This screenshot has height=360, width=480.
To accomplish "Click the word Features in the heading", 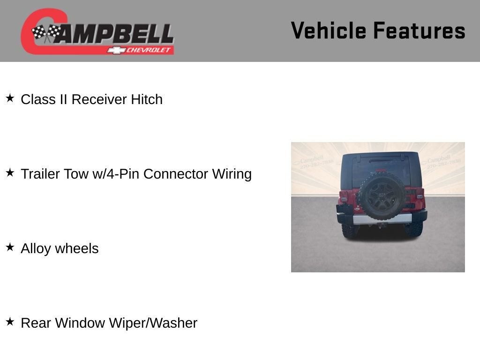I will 419,30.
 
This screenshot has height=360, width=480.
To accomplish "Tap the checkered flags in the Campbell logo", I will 45,33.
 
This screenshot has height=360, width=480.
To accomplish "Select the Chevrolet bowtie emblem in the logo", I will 114,50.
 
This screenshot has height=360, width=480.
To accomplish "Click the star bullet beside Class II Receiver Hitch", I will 10,98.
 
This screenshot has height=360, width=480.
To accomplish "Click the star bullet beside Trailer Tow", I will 10,173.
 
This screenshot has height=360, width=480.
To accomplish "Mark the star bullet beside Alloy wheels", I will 10,247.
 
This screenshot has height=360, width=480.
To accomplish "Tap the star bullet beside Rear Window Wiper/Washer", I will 10,322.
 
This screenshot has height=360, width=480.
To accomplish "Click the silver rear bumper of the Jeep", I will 382,219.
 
